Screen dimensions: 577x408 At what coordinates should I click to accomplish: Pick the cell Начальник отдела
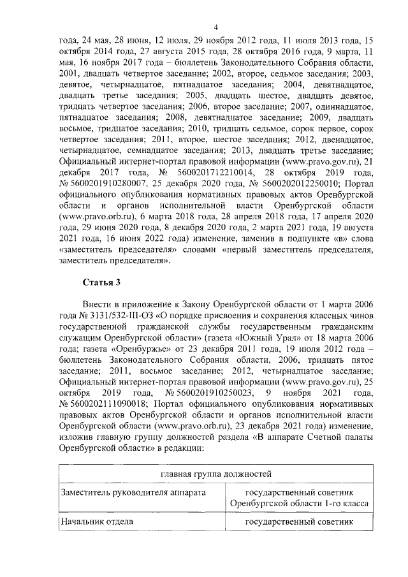click(96, 522)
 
